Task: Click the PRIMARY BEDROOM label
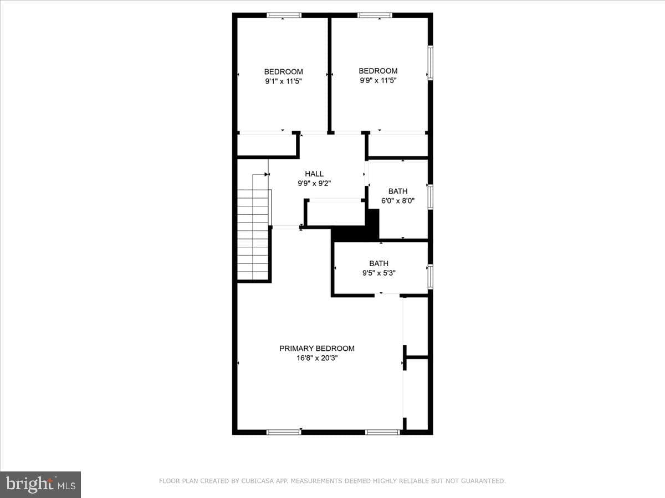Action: pyautogui.click(x=316, y=349)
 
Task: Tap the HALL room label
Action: pyautogui.click(x=314, y=174)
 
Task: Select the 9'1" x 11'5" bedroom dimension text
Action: pyautogui.click(x=284, y=81)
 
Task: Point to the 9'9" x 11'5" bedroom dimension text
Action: pyautogui.click(x=378, y=80)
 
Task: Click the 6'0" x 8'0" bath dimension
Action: pyautogui.click(x=398, y=200)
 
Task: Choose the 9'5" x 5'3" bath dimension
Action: pyautogui.click(x=379, y=273)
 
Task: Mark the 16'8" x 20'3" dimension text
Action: pyautogui.click(x=317, y=358)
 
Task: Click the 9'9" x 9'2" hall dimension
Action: pyautogui.click(x=314, y=183)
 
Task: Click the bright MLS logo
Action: pyautogui.click(x=40, y=484)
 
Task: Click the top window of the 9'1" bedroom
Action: pyautogui.click(x=284, y=15)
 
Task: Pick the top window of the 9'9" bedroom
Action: pyautogui.click(x=375, y=15)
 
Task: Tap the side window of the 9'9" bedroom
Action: pyautogui.click(x=430, y=63)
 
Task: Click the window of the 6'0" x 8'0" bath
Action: pyautogui.click(x=430, y=197)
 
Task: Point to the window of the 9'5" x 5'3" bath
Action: pyautogui.click(x=430, y=277)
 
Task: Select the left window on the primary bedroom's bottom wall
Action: pyautogui.click(x=284, y=432)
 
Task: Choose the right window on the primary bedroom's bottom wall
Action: pyautogui.click(x=382, y=432)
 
